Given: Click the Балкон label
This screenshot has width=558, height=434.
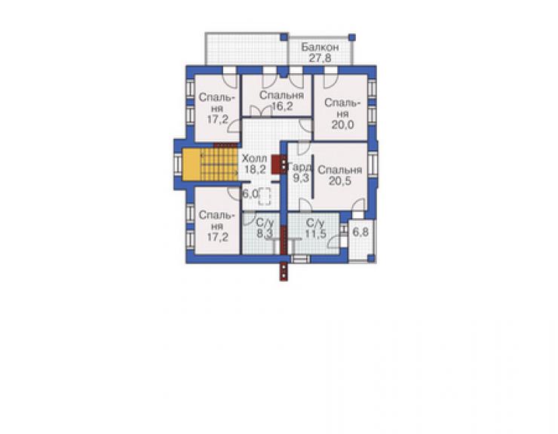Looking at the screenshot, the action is (320, 47).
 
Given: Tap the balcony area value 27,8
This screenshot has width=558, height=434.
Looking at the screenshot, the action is (320, 58).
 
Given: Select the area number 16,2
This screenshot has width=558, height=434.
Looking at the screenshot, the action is (282, 106).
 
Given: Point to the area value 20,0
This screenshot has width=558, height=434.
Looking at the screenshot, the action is (342, 125).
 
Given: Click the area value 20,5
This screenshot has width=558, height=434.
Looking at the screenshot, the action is (340, 180).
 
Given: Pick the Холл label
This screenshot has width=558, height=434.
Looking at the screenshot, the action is (253, 159).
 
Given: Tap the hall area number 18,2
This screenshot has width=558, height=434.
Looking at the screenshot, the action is (255, 169).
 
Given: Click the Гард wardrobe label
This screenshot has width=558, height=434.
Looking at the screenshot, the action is (301, 167).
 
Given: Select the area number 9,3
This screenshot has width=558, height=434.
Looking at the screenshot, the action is (301, 178).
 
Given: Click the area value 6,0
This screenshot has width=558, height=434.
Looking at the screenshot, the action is (250, 194).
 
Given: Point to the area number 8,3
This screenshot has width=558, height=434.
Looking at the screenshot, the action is (265, 234).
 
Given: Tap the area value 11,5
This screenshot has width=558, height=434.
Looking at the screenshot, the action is (315, 234).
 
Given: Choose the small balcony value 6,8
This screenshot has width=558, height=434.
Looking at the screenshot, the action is (360, 232).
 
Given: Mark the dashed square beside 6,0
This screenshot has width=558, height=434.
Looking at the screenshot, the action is (265, 196).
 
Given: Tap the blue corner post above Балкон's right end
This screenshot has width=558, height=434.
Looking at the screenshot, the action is (351, 37).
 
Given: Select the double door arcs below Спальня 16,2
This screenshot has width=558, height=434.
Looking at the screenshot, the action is (262, 111).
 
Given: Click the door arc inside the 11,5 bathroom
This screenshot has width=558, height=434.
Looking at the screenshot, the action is (333, 242).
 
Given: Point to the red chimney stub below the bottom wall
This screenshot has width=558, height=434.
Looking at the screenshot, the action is (284, 272).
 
